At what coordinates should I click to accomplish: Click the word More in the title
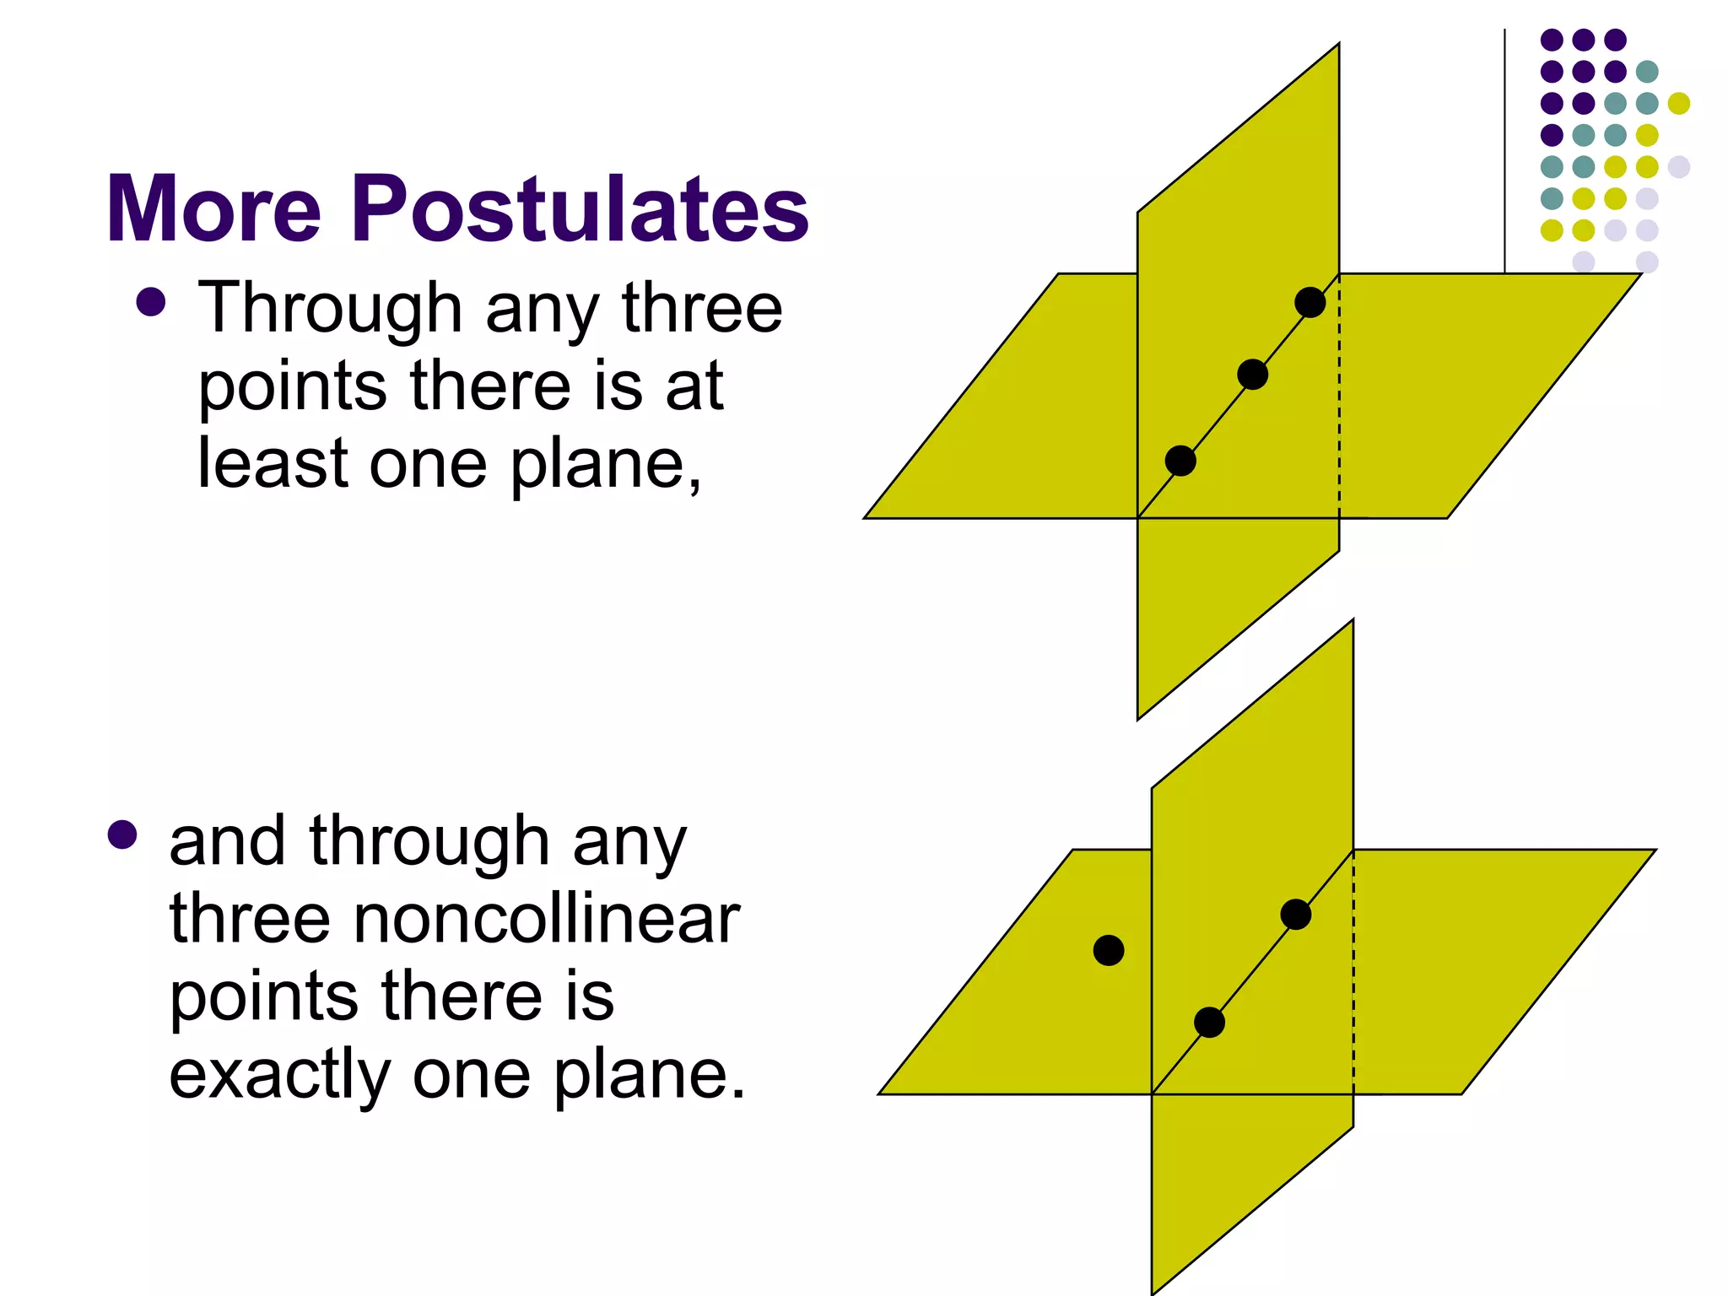[213, 208]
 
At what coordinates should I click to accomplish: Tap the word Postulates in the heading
[580, 208]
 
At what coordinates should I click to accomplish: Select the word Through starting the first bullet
[330, 309]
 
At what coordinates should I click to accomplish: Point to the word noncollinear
[546, 919]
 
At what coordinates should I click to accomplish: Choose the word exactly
[279, 1076]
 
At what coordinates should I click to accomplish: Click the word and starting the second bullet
[227, 841]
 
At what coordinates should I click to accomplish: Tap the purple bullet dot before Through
[150, 301]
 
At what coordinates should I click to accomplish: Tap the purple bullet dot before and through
[122, 834]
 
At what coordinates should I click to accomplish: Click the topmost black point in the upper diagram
[1309, 302]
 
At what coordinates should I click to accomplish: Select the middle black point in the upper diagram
[1252, 374]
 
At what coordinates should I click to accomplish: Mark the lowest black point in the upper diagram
[1180, 461]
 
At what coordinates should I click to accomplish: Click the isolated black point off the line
[1109, 950]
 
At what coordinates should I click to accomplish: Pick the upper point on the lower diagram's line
[1295, 915]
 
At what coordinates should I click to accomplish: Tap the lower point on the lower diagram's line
[1209, 1023]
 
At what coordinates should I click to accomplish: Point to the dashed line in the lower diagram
[1353, 970]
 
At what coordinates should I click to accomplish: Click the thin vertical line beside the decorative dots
[1504, 152]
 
